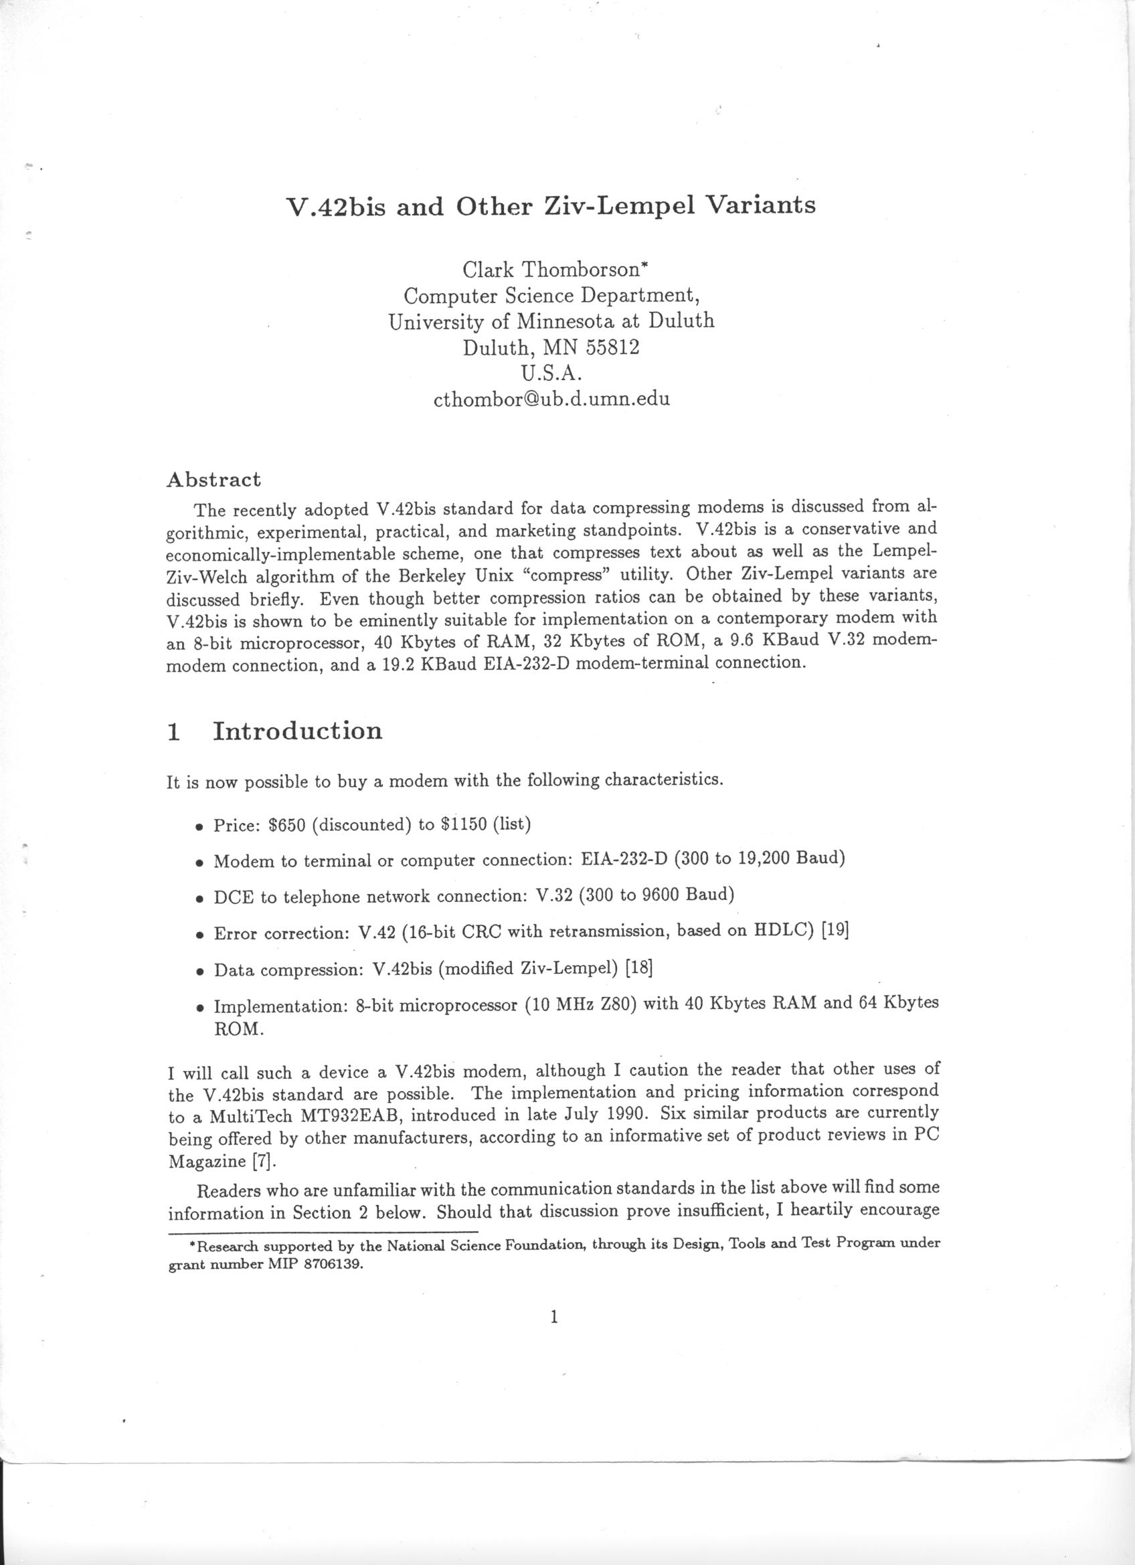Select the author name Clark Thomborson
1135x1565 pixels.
550,269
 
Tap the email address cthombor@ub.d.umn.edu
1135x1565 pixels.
551,399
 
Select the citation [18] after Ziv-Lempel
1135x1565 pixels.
638,968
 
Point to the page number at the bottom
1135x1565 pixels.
554,1317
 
